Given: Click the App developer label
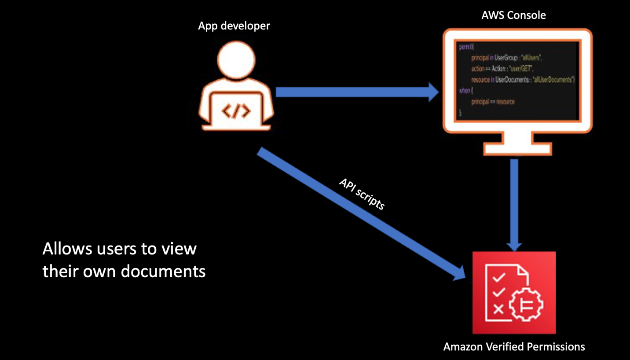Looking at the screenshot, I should point(234,26).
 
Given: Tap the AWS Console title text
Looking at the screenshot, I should point(513,15).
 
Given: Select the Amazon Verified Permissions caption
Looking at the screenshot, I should point(514,347).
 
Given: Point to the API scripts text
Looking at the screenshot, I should point(362,194).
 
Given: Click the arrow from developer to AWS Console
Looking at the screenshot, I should point(356,92).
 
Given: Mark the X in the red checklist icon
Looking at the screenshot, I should point(498,309).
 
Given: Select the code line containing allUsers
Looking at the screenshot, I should point(506,58).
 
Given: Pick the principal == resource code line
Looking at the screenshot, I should point(492,102).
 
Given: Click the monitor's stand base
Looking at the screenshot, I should point(516,149).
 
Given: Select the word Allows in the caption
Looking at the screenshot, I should point(67,249).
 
